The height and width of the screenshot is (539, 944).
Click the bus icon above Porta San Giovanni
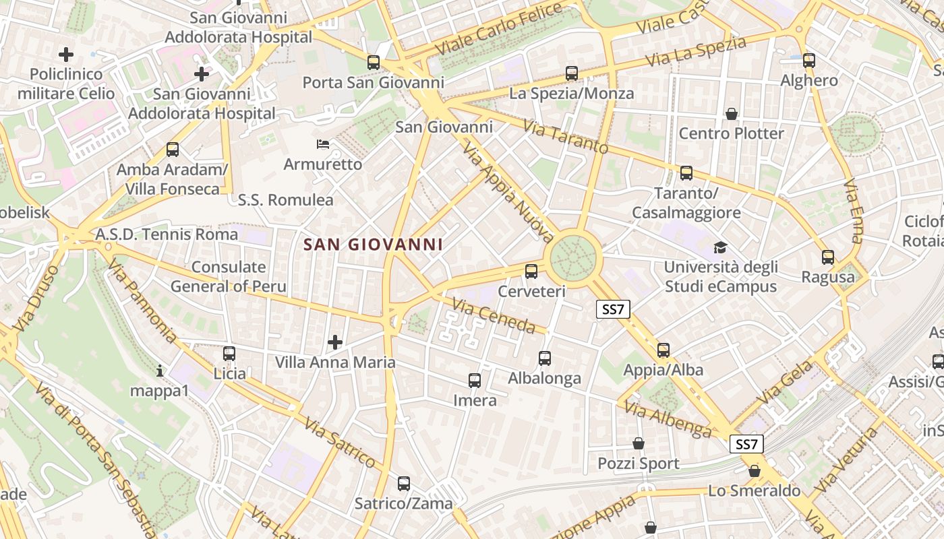point(374,63)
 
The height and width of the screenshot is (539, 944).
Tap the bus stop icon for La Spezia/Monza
point(572,73)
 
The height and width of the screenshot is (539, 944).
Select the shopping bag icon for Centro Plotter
point(731,114)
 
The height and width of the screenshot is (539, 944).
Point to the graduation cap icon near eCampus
point(721,247)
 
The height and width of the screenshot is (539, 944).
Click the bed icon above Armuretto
point(323,144)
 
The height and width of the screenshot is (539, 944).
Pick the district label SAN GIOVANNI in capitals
point(373,245)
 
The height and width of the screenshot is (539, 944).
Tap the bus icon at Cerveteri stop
point(531,272)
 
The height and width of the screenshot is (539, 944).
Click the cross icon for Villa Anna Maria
point(334,343)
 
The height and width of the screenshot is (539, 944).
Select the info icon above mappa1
point(160,371)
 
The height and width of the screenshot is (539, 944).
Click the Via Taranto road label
point(565,137)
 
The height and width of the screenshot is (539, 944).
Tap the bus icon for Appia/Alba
point(663,350)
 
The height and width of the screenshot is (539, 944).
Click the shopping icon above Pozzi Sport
point(638,444)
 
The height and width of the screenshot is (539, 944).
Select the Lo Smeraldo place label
point(754,490)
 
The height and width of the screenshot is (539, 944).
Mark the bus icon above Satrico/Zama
point(403,484)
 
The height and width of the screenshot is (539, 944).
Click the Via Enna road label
point(853,211)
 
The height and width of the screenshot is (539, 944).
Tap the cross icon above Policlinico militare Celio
point(66,55)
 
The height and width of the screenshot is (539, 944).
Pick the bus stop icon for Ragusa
point(828,257)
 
